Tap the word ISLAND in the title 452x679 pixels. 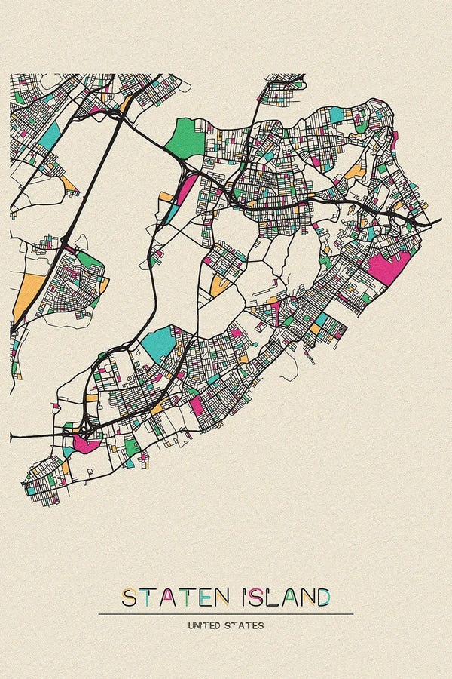[286, 598]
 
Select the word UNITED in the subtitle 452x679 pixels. [206, 625]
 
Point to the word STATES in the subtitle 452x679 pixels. [247, 625]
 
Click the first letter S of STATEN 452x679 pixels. [130, 598]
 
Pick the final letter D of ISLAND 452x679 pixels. [322, 598]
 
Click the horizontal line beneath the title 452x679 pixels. [226, 614]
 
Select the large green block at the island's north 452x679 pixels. [185, 138]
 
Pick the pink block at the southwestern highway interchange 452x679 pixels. [85, 442]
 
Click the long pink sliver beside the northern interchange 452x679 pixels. [185, 189]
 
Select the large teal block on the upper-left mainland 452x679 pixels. [49, 136]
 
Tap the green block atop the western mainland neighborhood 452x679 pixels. [88, 261]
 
